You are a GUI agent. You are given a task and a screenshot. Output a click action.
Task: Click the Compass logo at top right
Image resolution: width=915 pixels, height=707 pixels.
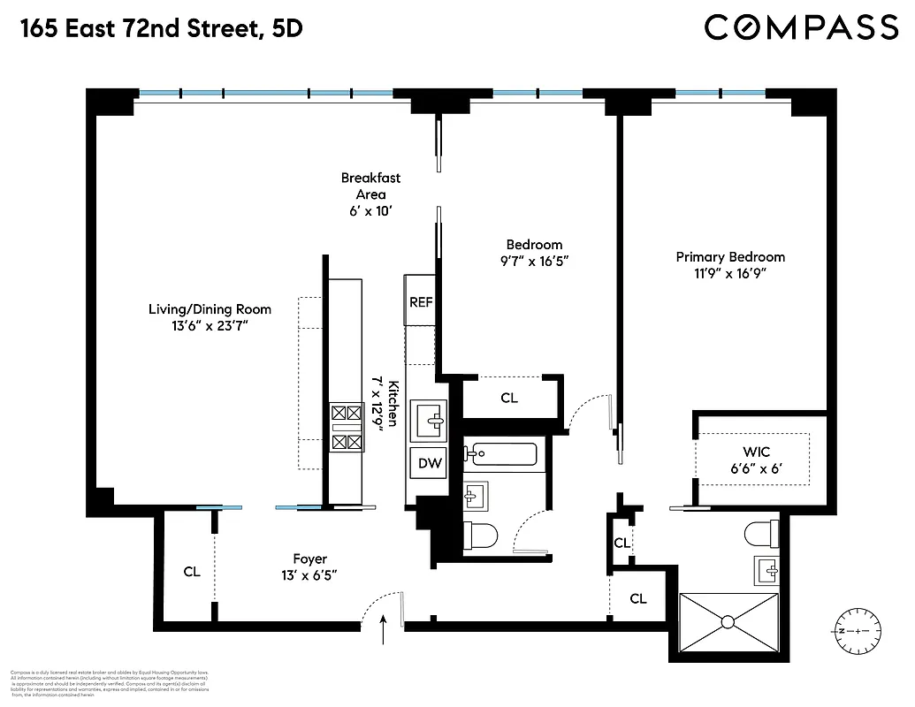pyautogui.click(x=801, y=27)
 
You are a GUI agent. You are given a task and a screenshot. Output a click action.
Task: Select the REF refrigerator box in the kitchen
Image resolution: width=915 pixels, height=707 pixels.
pyautogui.click(x=421, y=301)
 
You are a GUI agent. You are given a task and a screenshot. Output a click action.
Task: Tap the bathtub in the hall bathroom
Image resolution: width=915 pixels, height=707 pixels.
pyautogui.click(x=503, y=455)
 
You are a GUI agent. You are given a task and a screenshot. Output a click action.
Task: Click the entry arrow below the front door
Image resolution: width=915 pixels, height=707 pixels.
pyautogui.click(x=383, y=631)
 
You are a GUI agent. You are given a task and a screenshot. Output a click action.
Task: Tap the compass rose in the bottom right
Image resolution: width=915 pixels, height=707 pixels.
pyautogui.click(x=857, y=629)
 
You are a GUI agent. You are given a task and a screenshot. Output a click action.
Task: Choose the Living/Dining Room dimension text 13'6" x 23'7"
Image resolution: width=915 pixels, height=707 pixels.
pyautogui.click(x=210, y=325)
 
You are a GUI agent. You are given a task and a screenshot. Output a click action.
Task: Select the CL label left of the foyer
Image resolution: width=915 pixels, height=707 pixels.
pyautogui.click(x=192, y=572)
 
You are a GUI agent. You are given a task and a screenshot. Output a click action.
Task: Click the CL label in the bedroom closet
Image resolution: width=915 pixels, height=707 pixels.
pyautogui.click(x=509, y=398)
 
